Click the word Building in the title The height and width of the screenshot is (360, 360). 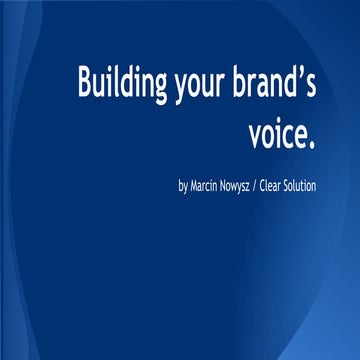click(121, 84)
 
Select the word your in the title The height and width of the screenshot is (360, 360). click(200, 88)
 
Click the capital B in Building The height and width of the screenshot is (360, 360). click(85, 83)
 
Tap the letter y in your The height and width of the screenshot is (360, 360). click(178, 90)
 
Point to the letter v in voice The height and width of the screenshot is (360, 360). click(254, 135)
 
